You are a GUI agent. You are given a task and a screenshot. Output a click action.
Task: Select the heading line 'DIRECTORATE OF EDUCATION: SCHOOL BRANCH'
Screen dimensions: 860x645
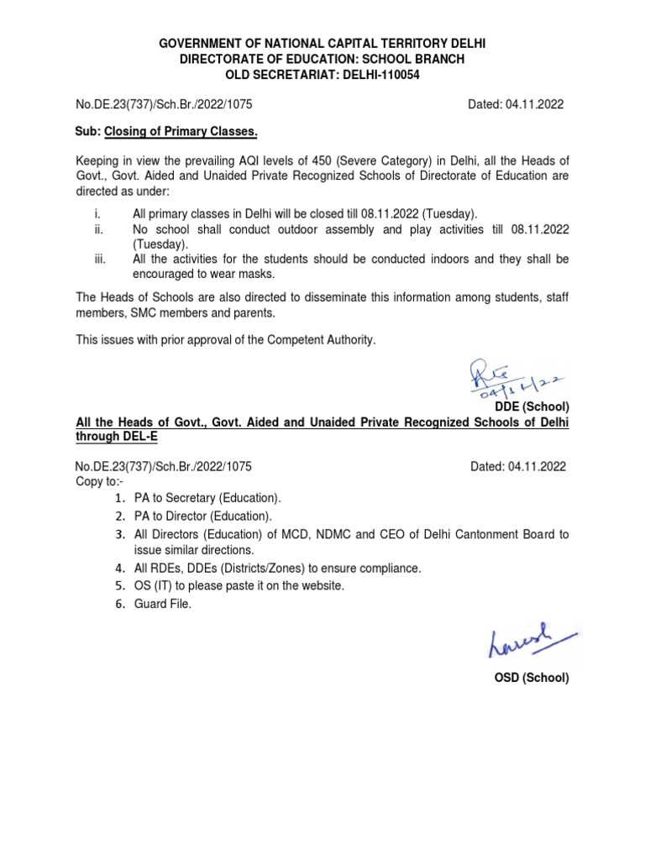coord(322,59)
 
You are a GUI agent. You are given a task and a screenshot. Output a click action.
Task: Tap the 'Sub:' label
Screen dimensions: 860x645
coord(87,133)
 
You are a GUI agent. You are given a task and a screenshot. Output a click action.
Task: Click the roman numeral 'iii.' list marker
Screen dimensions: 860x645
coord(100,260)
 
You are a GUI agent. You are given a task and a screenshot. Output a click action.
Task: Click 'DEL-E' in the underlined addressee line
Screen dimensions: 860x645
coord(137,437)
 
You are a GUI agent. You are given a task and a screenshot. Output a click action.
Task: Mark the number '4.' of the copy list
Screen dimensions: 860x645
coord(119,569)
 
